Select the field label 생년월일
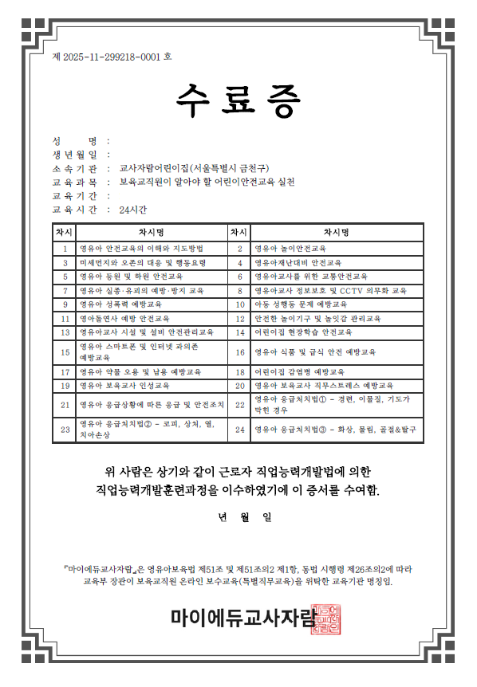74,155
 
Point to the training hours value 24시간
132,210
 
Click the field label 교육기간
74,196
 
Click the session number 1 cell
65,248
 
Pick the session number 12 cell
239,318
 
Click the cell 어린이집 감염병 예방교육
299,371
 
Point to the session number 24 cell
239,430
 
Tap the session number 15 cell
65,351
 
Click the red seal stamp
324,618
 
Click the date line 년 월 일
245,517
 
